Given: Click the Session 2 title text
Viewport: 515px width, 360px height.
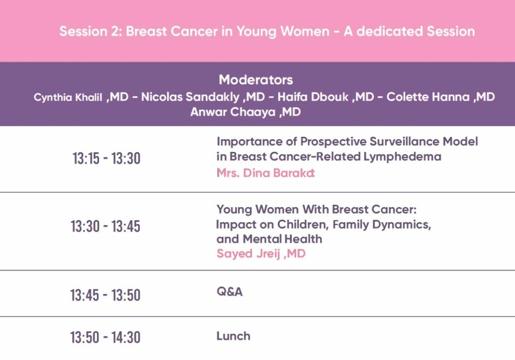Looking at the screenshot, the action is pos(267,32).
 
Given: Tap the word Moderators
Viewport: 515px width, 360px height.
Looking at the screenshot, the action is pos(256,80).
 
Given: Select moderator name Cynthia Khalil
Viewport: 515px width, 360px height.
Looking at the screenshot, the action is pos(68,98).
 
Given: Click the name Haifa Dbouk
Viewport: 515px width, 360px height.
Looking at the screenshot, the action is pos(313,97).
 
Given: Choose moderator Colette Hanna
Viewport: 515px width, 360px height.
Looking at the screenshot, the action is pos(428,97).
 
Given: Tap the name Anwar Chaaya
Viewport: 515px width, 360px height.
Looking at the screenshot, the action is pos(233,112).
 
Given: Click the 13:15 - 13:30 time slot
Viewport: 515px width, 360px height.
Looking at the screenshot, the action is pos(107,158).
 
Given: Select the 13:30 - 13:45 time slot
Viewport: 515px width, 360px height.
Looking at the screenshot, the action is pos(106,226).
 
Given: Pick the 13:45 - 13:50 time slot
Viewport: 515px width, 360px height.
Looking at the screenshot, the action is pos(105,295).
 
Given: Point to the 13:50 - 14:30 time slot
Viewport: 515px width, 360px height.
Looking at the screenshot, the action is pos(105,337).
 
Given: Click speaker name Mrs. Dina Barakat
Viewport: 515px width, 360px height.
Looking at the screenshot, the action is pos(266,173).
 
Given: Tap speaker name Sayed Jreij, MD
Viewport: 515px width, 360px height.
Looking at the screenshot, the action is pos(261,253).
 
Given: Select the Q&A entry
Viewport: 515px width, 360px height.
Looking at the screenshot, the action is pos(229,292).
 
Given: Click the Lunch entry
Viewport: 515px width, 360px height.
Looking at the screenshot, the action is pos(233,336).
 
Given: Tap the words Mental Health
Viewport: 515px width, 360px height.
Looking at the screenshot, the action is pos(283,239).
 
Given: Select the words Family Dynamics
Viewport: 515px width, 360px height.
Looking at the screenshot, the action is pos(382,225).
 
